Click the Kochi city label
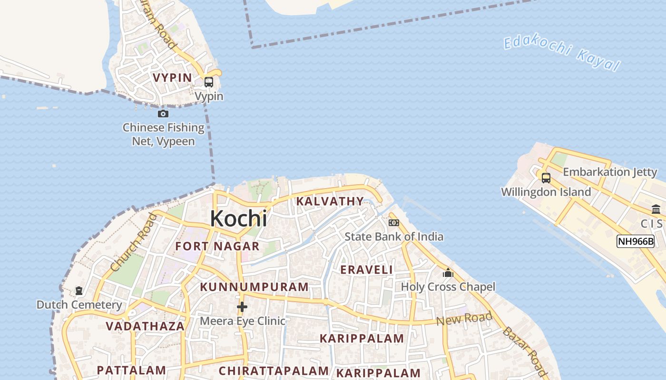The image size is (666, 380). click(238, 218)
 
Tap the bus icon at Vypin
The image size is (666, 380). click(208, 82)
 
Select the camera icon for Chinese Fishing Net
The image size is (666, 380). click(163, 114)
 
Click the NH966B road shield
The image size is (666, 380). click(635, 241)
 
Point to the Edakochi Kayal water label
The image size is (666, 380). click(562, 53)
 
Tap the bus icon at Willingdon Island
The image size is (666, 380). click(546, 178)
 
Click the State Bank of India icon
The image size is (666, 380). click(393, 222)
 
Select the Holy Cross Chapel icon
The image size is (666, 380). click(448, 273)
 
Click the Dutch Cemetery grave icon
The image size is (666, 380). click(79, 290)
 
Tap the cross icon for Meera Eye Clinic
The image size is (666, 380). click(242, 307)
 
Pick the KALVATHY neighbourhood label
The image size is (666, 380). click(330, 201)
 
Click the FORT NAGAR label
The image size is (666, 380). click(217, 246)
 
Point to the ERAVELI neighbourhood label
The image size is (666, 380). click(367, 270)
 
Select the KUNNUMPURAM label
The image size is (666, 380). click(255, 287)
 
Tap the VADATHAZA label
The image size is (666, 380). click(145, 326)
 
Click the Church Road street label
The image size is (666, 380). click(134, 242)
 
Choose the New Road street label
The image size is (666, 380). click(464, 319)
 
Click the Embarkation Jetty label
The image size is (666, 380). click(610, 172)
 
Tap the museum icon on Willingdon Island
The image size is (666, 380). click(656, 209)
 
